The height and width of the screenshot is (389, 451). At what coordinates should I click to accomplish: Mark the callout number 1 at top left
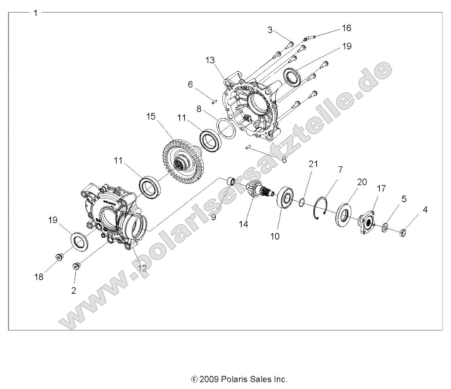[36, 13]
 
